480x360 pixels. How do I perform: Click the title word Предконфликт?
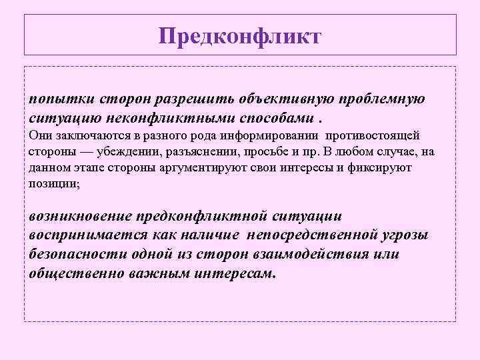240,35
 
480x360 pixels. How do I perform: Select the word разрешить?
189,99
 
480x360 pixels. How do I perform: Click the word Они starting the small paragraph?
39,135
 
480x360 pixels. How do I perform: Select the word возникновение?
80,217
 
